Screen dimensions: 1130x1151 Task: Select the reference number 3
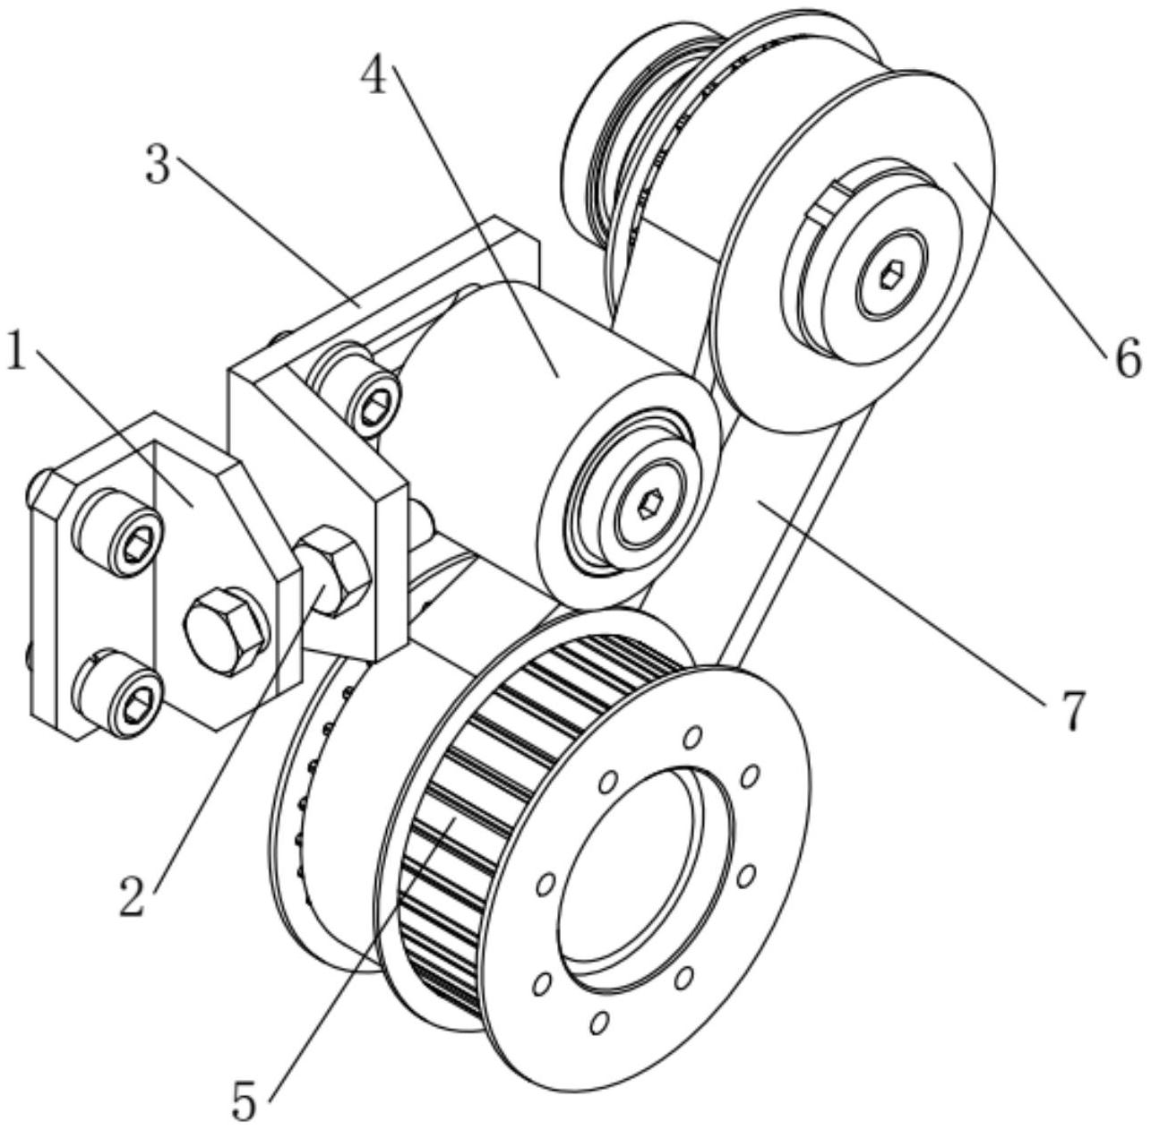click(159, 167)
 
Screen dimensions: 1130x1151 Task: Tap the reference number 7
click(1070, 710)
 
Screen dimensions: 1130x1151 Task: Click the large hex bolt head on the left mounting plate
click(225, 629)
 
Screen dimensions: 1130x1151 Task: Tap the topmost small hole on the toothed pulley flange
click(691, 738)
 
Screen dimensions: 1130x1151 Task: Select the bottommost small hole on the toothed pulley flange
click(599, 1022)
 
